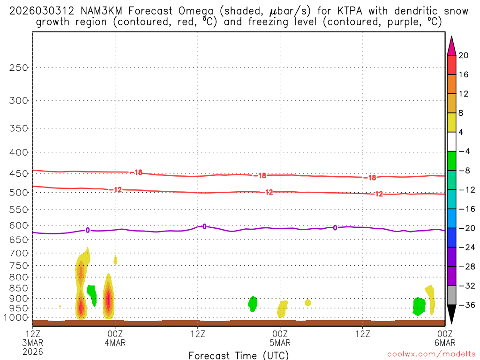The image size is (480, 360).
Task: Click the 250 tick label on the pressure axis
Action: click(19, 67)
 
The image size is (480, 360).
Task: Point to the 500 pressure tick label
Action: click(19, 193)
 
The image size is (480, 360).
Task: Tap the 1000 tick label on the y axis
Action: click(16, 318)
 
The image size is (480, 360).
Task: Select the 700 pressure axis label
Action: click(19, 253)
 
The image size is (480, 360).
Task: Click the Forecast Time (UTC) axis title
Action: click(239, 355)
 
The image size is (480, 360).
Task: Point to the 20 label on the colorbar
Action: click(463, 55)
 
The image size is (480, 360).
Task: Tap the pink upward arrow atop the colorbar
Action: click(451, 45)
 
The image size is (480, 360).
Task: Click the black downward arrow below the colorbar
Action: click(451, 315)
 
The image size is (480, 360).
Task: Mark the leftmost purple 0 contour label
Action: click(87, 230)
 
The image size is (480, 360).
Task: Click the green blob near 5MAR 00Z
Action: click(253, 303)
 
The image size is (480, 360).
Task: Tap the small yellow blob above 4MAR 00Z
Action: click(115, 260)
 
